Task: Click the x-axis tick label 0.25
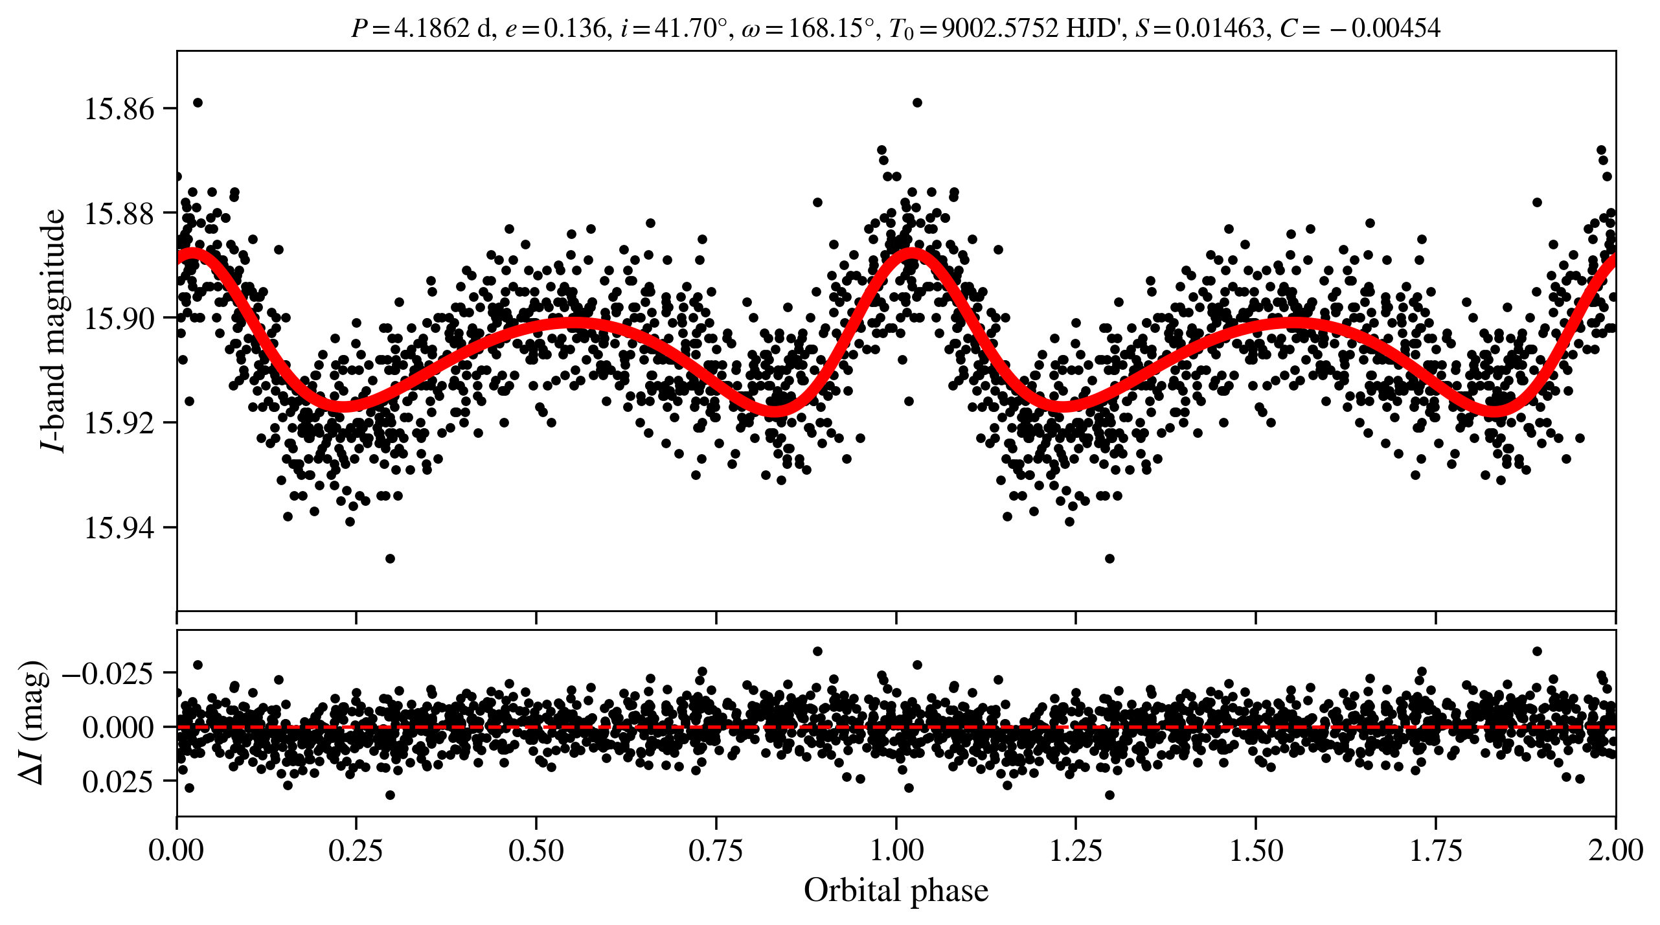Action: pyautogui.click(x=356, y=850)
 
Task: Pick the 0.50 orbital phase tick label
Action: pyautogui.click(x=536, y=850)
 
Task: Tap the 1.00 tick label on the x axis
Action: pyautogui.click(x=896, y=850)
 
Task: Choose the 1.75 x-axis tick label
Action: pyautogui.click(x=1435, y=850)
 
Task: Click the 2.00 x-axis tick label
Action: pyautogui.click(x=1615, y=850)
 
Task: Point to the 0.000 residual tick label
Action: pyautogui.click(x=118, y=728)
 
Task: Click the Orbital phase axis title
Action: pyautogui.click(x=896, y=890)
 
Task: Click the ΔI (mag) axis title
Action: pyautogui.click(x=32, y=723)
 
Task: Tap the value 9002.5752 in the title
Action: pyautogui.click(x=1000, y=29)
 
